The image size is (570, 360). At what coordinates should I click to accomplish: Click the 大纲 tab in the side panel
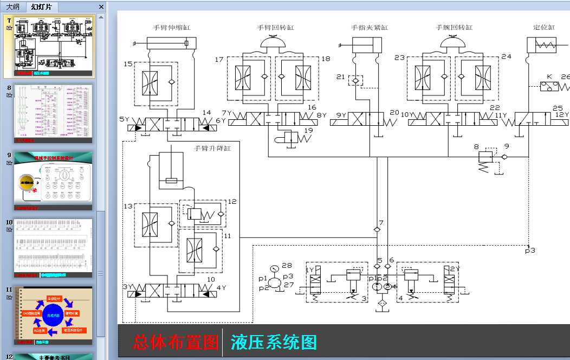pos(12,7)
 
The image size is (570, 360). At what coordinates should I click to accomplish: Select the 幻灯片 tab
pos(42,7)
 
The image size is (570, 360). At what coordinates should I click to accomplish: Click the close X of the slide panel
pos(101,7)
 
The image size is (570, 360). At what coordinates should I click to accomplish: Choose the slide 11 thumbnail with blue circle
pos(53,314)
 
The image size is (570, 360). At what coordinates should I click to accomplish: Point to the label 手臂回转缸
pos(275,27)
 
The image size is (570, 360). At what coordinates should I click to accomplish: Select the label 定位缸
pos(544,27)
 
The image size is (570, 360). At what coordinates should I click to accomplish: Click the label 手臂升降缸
pos(212,148)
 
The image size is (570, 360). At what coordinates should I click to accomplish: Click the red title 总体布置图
pos(176,342)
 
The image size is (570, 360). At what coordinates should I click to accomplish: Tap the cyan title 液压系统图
pos(274,342)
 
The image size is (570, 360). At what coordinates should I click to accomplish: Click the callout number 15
pos(128,64)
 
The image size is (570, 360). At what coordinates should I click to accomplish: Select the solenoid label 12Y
pos(563,115)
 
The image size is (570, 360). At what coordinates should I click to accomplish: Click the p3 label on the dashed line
pos(530,250)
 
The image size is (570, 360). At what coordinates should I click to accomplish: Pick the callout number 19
pos(308,130)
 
